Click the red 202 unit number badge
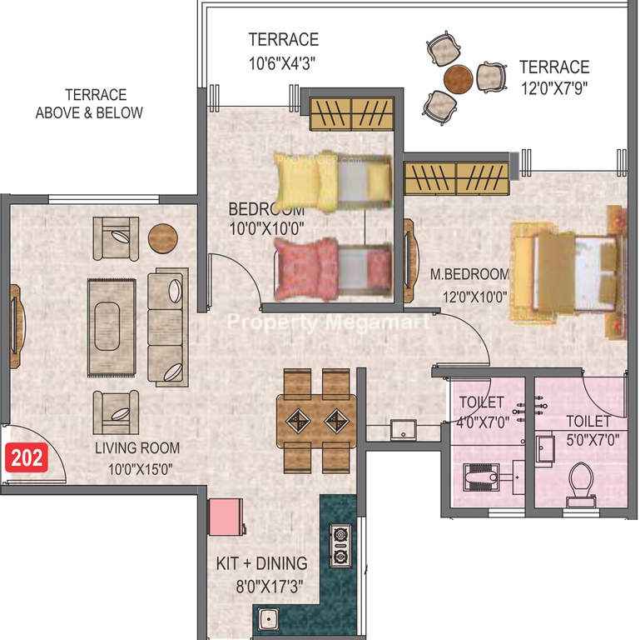[26, 457]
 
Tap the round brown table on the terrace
[459, 79]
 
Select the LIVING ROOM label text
[137, 448]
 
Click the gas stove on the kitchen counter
[340, 546]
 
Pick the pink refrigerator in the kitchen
[226, 517]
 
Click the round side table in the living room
[163, 238]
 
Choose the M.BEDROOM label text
[469, 274]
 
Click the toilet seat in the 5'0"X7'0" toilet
[581, 480]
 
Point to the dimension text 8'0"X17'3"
[270, 587]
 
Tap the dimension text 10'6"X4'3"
[283, 63]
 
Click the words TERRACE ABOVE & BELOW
[89, 103]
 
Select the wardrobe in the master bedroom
[456, 178]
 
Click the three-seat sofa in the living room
[168, 327]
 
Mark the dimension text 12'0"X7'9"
[554, 88]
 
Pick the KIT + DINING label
[261, 563]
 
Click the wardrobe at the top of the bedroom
[351, 114]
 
